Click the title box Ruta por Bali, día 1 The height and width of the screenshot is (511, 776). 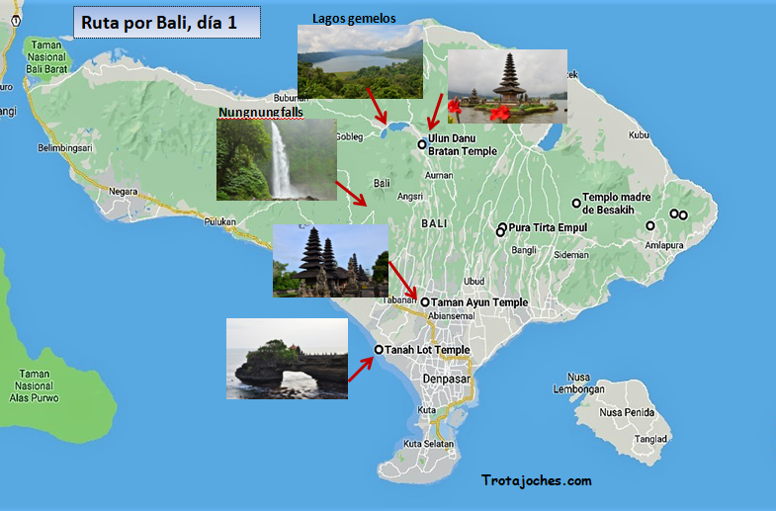(166, 22)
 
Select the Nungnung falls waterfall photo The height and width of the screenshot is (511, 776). (274, 159)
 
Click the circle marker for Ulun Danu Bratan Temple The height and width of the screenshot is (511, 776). (422, 144)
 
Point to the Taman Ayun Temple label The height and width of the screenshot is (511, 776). (479, 302)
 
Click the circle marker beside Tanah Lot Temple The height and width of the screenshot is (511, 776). (379, 350)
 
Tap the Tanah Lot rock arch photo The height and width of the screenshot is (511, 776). (287, 358)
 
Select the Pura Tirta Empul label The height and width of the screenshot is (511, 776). (548, 227)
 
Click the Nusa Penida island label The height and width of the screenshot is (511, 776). (626, 412)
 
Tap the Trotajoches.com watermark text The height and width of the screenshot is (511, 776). (537, 481)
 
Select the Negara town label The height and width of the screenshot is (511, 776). (124, 191)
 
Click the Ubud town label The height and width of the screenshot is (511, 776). (474, 281)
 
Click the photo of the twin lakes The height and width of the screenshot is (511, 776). (360, 62)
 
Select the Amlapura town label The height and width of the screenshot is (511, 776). (663, 244)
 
